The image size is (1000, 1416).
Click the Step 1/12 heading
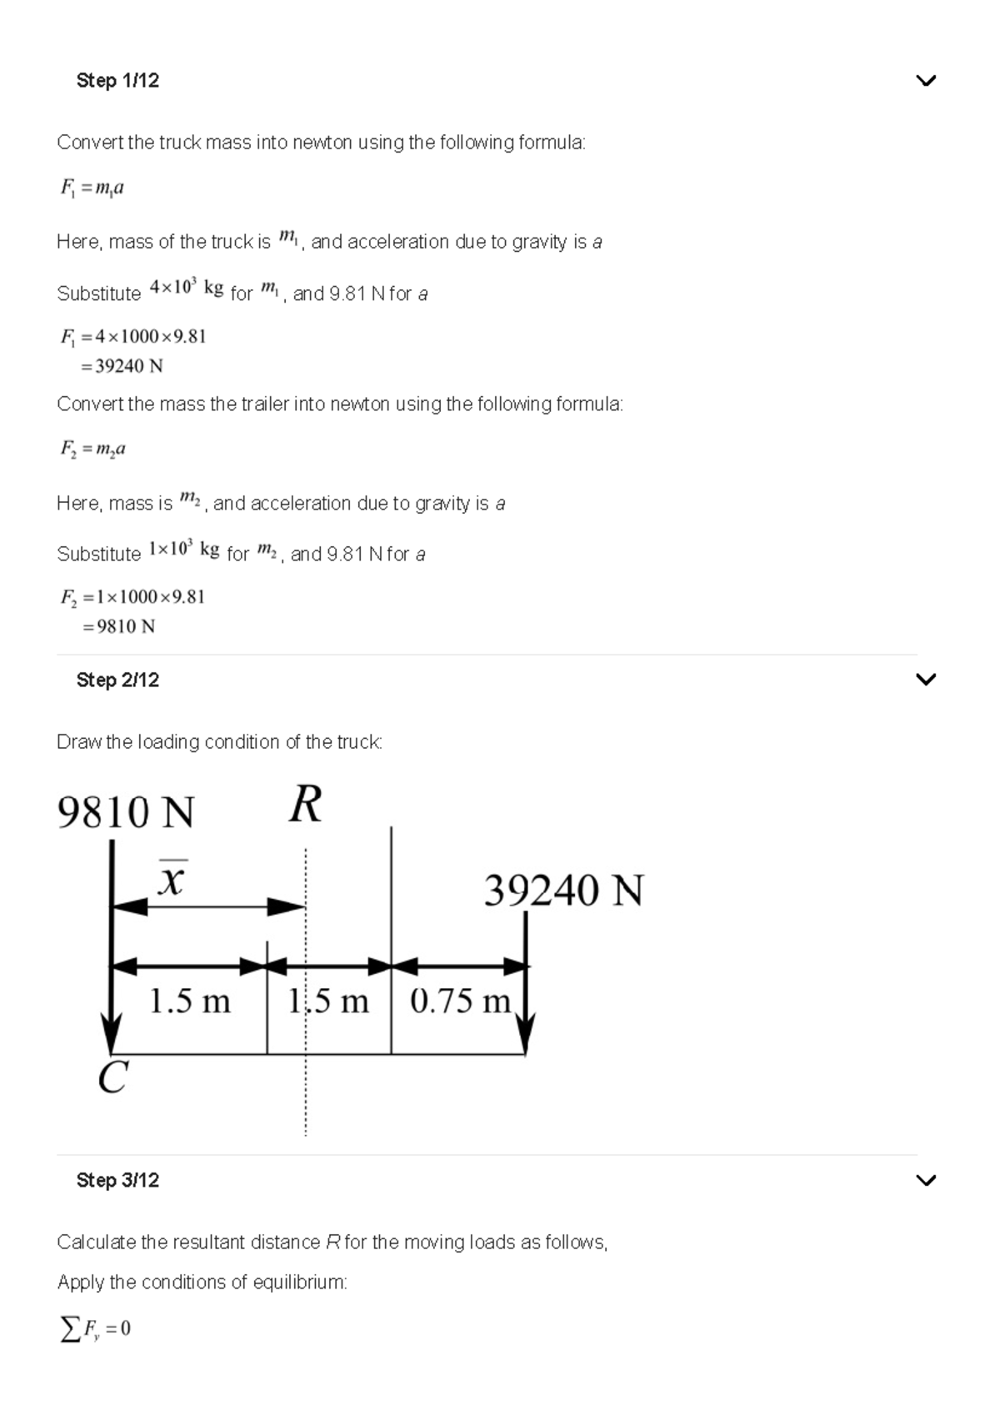click(117, 81)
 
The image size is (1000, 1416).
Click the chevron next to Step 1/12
click(925, 81)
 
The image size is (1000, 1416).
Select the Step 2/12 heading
click(117, 680)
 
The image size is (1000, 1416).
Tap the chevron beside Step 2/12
click(925, 680)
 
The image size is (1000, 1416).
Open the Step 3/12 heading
click(117, 1181)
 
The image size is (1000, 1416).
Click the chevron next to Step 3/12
click(925, 1180)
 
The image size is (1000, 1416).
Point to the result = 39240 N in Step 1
click(122, 366)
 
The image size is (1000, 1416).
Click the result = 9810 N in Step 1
click(118, 626)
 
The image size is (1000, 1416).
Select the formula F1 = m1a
click(92, 188)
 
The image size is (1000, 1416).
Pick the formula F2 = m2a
click(92, 449)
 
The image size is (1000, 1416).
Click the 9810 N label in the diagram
click(125, 812)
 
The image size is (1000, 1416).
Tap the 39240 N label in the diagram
click(563, 891)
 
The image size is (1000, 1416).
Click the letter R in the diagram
click(305, 806)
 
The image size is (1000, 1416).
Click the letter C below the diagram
click(112, 1077)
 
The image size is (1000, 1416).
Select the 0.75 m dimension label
click(460, 1001)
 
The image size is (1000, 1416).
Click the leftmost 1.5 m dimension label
click(189, 1001)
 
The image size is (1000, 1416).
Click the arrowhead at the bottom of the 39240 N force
click(525, 1037)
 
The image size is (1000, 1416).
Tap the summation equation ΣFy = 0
click(95, 1328)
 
